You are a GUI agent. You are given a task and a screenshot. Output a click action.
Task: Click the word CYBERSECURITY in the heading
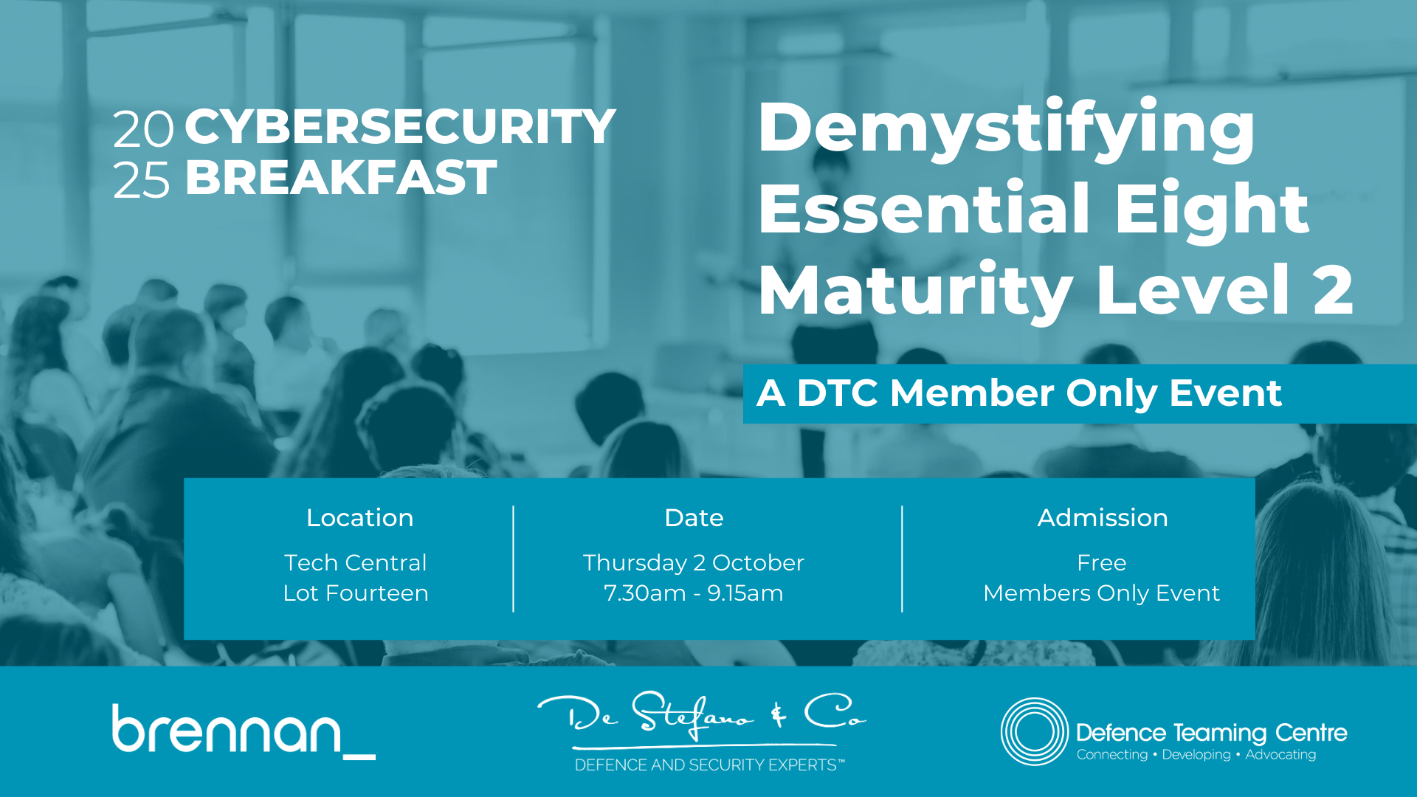point(400,127)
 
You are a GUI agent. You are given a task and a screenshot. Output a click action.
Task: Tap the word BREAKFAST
point(341,178)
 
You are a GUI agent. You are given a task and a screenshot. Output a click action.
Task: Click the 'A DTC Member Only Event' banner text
point(1019,393)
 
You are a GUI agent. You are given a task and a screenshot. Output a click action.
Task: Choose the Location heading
point(359,518)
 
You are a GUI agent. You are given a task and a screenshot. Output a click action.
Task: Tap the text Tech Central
point(356,562)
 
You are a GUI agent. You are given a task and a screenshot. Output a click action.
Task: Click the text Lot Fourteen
point(356,593)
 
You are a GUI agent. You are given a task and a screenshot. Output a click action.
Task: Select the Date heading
point(694,518)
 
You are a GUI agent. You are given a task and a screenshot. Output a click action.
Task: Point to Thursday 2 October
point(693,563)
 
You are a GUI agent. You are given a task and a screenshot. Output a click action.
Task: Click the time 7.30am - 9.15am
point(693,593)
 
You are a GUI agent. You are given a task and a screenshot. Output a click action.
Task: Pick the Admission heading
point(1103,518)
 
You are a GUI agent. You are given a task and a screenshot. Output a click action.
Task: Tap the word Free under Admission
point(1102,562)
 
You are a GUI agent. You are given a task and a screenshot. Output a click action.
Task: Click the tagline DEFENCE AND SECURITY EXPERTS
point(709,765)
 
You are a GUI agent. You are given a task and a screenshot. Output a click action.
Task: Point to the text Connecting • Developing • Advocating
point(1196,755)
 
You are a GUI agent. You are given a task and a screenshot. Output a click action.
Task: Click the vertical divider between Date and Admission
point(902,559)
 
